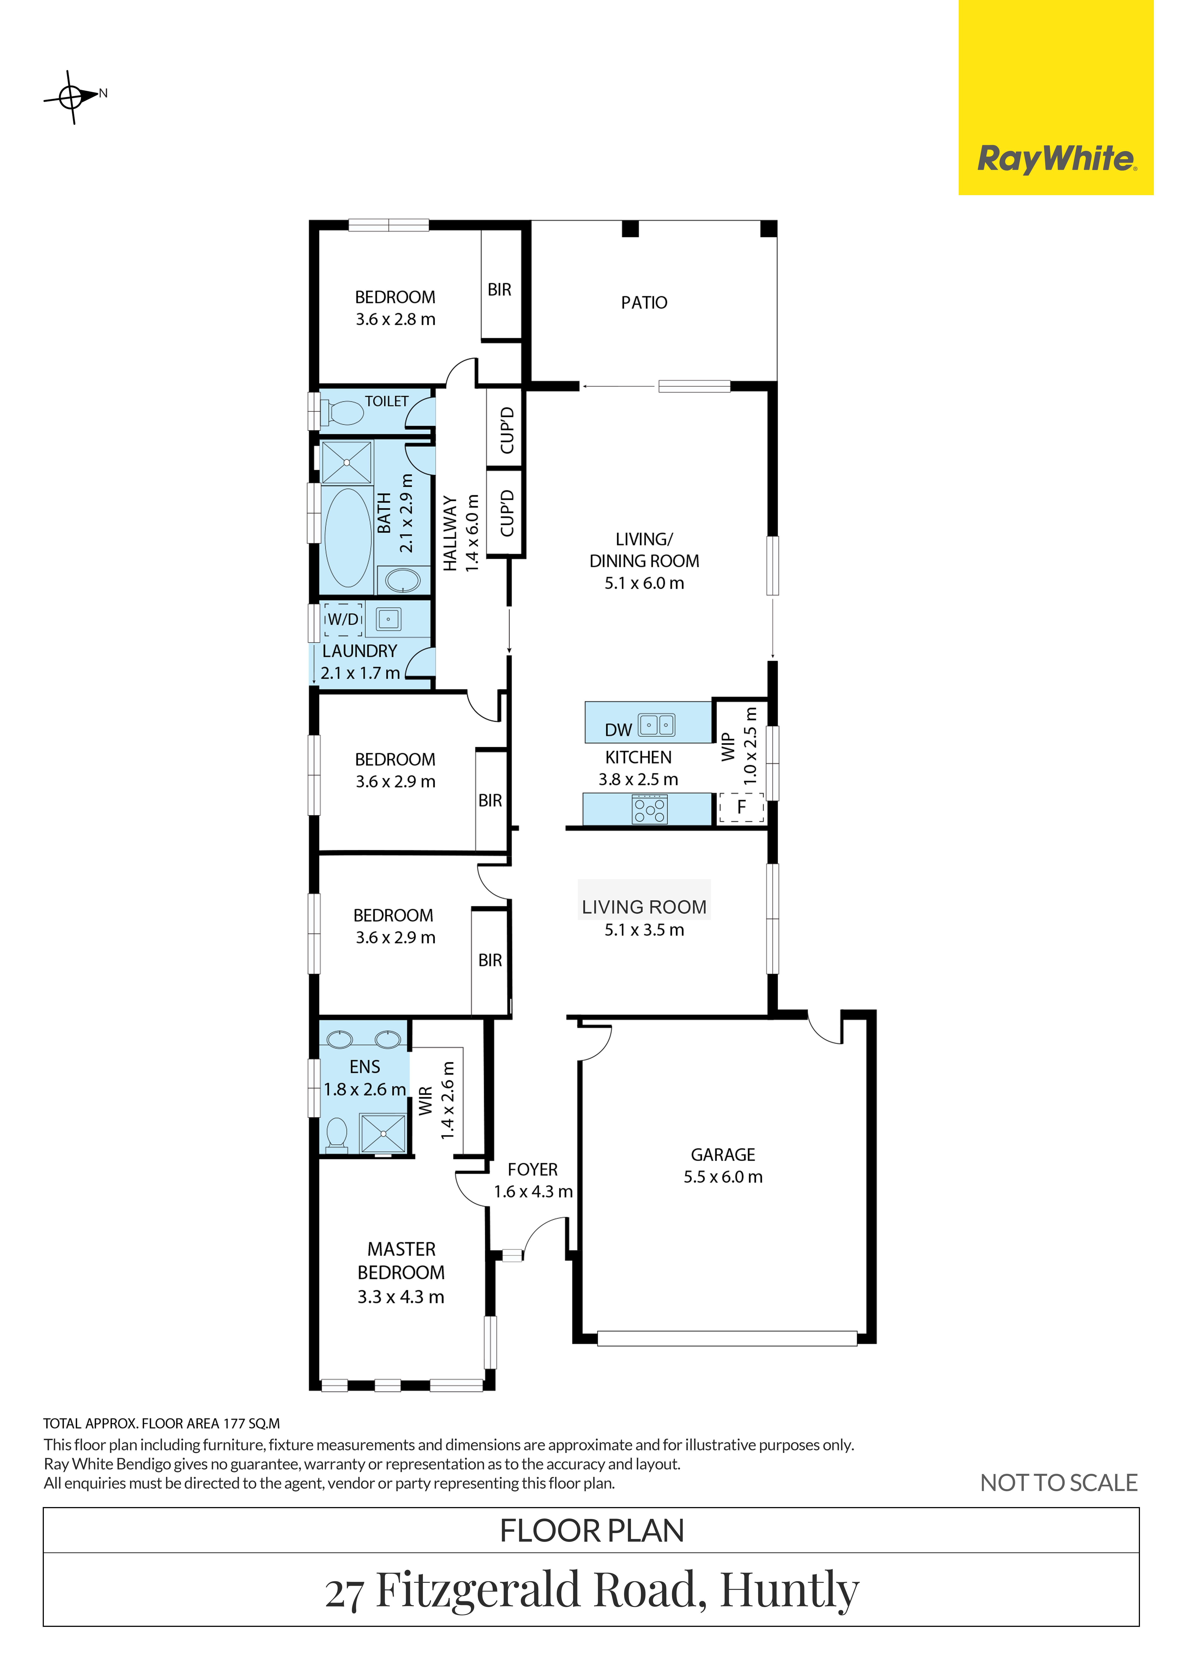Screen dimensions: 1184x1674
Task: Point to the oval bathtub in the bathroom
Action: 348,537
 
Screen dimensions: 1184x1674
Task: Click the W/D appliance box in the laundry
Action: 343,619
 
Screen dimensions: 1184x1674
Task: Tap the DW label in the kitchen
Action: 618,730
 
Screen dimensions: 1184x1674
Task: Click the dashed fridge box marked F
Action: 741,807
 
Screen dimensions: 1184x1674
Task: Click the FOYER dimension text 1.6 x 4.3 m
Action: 533,1191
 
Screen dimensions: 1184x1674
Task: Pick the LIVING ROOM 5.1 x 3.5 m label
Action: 645,918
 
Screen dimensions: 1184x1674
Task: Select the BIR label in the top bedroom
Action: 499,289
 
